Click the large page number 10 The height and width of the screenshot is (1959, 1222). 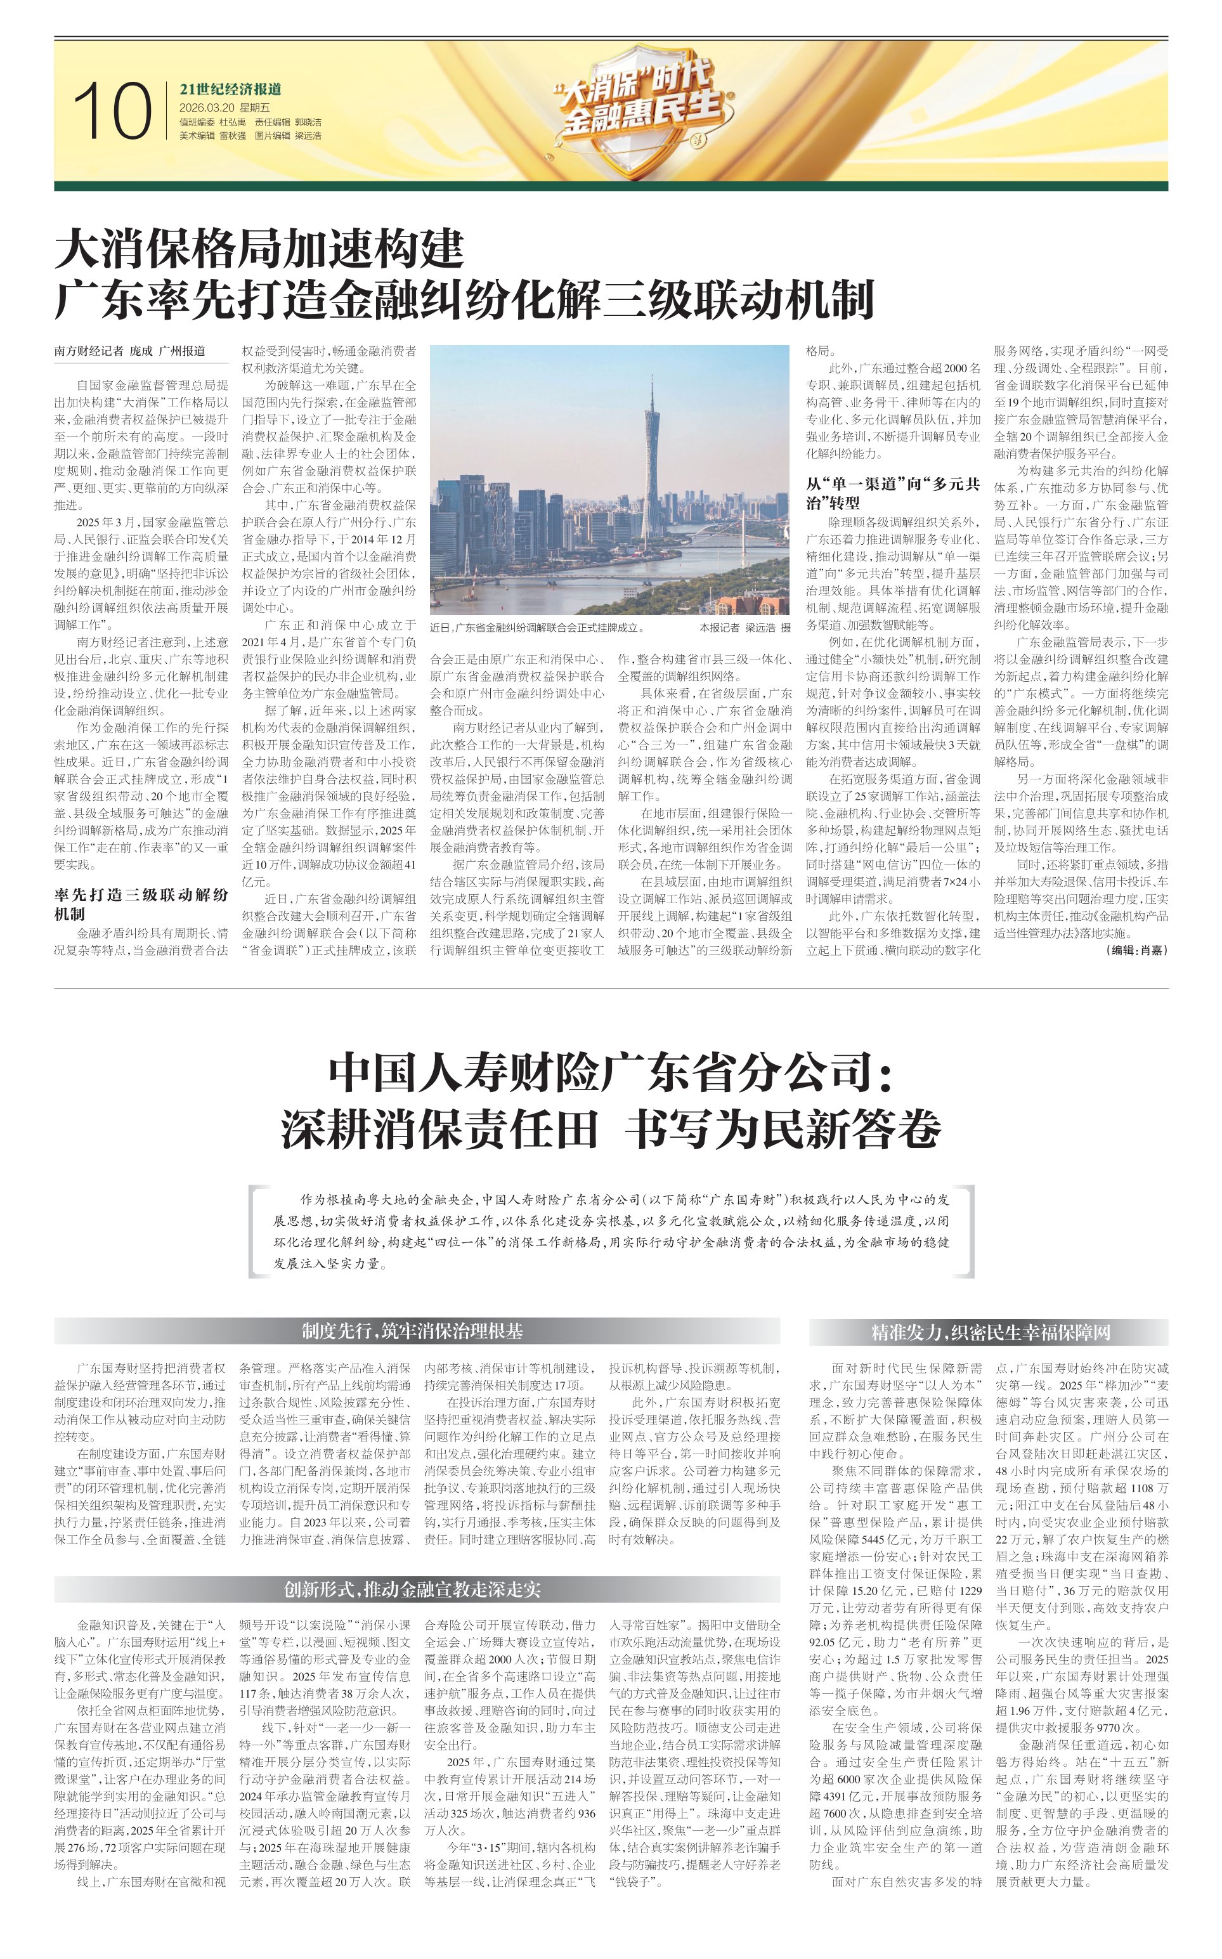[112, 111]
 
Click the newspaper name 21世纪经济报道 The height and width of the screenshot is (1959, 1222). [230, 89]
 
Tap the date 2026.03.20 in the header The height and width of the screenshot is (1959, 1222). [206, 107]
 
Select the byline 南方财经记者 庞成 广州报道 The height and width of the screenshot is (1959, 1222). [129, 351]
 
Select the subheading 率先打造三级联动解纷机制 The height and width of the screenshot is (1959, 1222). [141, 904]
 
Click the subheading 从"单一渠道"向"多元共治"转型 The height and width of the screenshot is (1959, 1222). [892, 493]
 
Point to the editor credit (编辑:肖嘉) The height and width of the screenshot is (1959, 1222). [1136, 951]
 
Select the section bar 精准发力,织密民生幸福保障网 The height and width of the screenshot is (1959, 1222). [989, 1332]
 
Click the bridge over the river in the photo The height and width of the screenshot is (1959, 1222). [566, 578]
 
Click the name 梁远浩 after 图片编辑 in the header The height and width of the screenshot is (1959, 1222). [308, 136]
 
